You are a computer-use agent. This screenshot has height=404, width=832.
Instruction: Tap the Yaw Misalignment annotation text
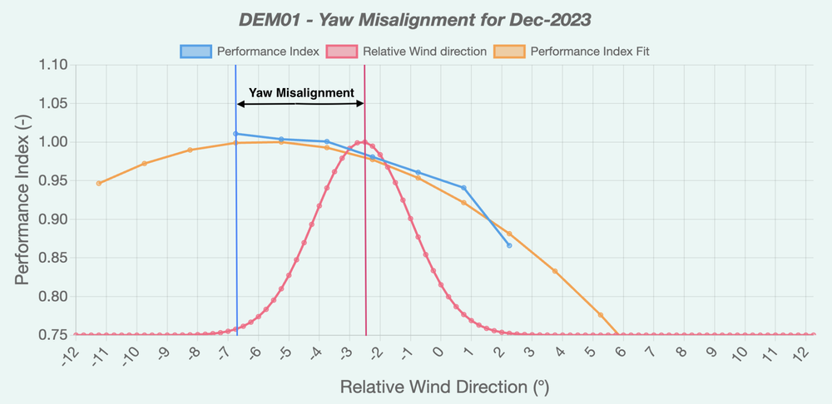pyautogui.click(x=301, y=93)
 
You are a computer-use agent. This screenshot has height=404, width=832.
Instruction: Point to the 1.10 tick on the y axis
pyautogui.click(x=51, y=65)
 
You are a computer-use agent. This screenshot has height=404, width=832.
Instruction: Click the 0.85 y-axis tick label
pyautogui.click(x=51, y=258)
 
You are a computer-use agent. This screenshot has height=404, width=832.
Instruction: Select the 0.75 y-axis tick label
pyautogui.click(x=51, y=335)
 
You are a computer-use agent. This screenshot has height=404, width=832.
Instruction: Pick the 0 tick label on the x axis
pyautogui.click(x=439, y=352)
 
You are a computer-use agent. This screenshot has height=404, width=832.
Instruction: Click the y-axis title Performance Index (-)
pyautogui.click(x=23, y=200)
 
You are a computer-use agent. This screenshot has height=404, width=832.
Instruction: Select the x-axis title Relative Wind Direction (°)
pyautogui.click(x=444, y=387)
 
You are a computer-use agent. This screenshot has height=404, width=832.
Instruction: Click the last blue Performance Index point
pyautogui.click(x=509, y=245)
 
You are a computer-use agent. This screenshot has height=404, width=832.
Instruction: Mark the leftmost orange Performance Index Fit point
pyautogui.click(x=99, y=183)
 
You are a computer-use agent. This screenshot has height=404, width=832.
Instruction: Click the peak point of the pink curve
pyautogui.click(x=364, y=141)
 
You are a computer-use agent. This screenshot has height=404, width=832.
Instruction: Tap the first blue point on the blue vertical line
pyautogui.click(x=236, y=134)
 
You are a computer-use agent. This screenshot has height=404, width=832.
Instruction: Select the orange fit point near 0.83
pyautogui.click(x=555, y=271)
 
